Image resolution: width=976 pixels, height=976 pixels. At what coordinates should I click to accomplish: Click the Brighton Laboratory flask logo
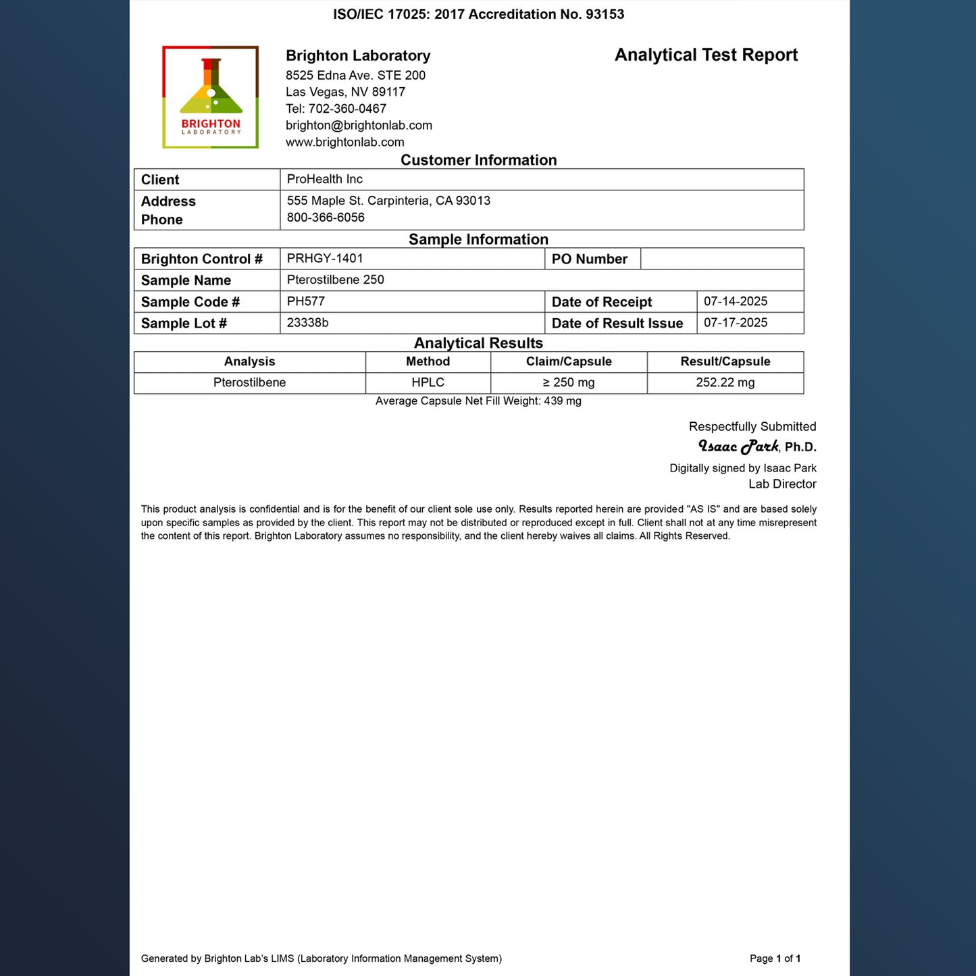point(210,97)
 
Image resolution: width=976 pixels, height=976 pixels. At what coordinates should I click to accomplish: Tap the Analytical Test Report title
point(706,55)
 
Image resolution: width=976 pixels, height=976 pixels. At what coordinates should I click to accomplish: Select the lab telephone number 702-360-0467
point(347,109)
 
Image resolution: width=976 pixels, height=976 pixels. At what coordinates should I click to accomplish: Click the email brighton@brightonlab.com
point(359,126)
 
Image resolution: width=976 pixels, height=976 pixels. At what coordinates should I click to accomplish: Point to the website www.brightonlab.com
point(344,143)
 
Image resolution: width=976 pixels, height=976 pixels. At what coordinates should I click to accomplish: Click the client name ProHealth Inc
point(325,179)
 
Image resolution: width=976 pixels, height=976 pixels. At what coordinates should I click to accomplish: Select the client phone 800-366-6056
point(326,217)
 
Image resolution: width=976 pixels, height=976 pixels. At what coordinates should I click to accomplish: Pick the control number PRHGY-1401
point(325,258)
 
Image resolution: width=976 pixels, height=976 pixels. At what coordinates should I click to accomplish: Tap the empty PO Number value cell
point(721,259)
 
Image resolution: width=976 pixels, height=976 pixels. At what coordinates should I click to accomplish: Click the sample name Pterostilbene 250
point(335,280)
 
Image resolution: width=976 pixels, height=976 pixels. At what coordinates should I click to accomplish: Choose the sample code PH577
point(306,301)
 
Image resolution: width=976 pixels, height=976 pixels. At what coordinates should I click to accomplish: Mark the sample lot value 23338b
point(307,323)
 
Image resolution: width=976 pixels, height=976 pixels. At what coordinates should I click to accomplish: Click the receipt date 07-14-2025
point(736,301)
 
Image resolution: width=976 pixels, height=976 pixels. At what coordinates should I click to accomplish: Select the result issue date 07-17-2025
point(736,323)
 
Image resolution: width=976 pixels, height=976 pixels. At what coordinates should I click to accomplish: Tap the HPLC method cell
point(428,382)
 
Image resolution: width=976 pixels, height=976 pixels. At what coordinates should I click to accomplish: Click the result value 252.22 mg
point(725,382)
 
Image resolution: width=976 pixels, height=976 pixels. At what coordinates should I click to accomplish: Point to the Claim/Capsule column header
point(569,361)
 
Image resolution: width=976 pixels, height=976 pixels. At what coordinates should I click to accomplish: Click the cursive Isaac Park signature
point(738,446)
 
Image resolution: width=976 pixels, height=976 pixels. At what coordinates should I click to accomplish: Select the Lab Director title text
point(782,484)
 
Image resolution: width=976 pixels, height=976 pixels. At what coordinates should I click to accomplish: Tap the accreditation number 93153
point(605,14)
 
